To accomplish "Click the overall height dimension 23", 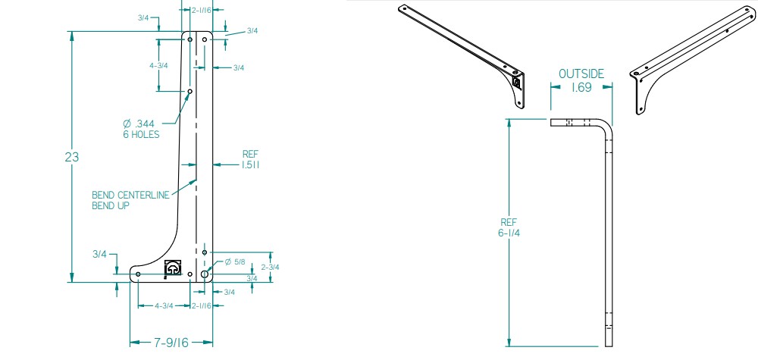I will [73, 158].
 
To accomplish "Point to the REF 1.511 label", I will [252, 158].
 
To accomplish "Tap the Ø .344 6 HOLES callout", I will [142, 129].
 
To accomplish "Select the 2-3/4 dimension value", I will [271, 267].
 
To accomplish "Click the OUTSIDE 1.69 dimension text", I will [581, 80].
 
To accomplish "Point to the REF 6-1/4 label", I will [509, 227].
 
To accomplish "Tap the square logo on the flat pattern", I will [173, 268].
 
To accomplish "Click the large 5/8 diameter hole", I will [205, 273].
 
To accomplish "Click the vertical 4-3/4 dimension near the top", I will [158, 65].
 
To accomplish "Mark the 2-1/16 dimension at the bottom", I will [202, 305].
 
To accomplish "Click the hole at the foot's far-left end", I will [138, 274].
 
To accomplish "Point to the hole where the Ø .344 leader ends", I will [190, 91].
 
